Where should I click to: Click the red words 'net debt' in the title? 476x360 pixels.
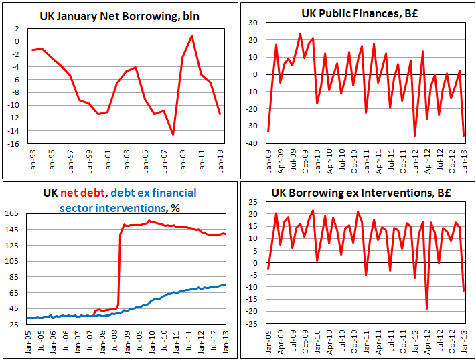pyautogui.click(x=83, y=193)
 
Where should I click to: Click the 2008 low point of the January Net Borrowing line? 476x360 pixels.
pyautogui.click(x=173, y=135)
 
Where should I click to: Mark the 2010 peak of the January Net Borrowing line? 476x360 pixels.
pyautogui.click(x=192, y=35)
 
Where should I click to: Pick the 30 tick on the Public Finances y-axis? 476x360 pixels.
pyautogui.click(x=255, y=23)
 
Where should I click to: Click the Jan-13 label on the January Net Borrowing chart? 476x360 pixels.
pyautogui.click(x=220, y=157)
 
